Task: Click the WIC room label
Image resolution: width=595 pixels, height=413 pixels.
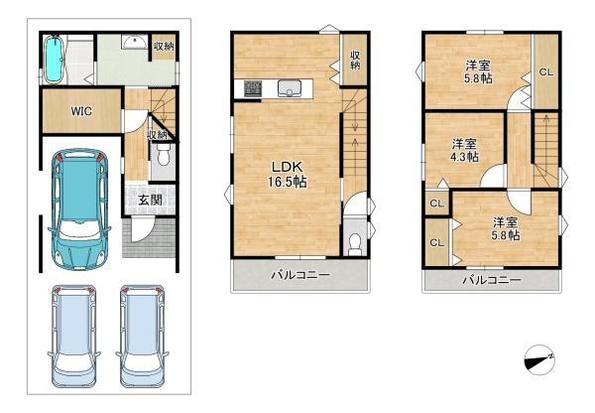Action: pyautogui.click(x=81, y=111)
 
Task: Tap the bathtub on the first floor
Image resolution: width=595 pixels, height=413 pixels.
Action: pyautogui.click(x=54, y=59)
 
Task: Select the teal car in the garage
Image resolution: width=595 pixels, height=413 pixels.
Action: pyautogui.click(x=79, y=208)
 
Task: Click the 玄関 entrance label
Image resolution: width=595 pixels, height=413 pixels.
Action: pyautogui.click(x=151, y=200)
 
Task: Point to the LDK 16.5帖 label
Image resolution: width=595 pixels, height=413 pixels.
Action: pyautogui.click(x=288, y=175)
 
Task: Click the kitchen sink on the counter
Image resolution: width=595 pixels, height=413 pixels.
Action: pyautogui.click(x=290, y=88)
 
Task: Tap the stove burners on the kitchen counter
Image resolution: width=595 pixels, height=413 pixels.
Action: pyautogui.click(x=253, y=88)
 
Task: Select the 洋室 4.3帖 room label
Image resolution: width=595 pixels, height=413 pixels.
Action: pyautogui.click(x=464, y=151)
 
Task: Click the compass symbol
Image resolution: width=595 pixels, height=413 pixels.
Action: pyautogui.click(x=539, y=359)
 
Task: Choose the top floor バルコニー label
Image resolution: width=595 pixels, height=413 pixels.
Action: pyautogui.click(x=492, y=280)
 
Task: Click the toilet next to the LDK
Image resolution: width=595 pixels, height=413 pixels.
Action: pyautogui.click(x=355, y=244)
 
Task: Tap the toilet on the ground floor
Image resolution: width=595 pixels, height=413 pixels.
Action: pyautogui.click(x=164, y=155)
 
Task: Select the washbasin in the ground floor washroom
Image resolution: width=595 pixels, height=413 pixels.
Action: pyautogui.click(x=134, y=42)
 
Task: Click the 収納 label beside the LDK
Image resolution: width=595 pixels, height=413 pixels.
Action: pyautogui.click(x=355, y=60)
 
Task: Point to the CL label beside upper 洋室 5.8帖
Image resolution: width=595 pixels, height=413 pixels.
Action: pyautogui.click(x=546, y=72)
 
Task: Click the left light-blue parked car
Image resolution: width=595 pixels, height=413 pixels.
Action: pyautogui.click(x=74, y=336)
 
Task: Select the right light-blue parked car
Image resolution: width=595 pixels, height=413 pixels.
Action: pyautogui.click(x=142, y=336)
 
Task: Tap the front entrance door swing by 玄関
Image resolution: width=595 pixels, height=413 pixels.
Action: pyautogui.click(x=141, y=229)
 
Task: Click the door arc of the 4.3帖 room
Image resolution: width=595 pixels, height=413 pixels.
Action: pyautogui.click(x=492, y=176)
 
